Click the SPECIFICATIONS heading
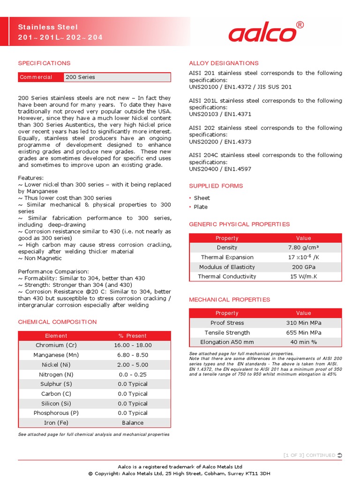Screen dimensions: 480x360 44,63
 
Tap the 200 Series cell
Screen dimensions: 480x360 117,77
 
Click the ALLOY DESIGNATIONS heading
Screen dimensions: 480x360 224,63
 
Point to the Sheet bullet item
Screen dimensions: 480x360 202,198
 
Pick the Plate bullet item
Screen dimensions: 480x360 201,207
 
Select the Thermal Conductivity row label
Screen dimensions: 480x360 227,277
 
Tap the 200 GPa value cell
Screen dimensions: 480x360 304,267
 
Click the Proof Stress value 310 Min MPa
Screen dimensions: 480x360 304,323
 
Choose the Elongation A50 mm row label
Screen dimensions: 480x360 227,342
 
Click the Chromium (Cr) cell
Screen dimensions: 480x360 56,345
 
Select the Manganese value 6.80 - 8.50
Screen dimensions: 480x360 133,355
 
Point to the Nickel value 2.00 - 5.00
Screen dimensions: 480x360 133,365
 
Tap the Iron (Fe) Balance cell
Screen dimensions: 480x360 133,423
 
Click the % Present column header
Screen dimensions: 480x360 133,336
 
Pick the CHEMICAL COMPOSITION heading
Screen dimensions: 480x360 57,322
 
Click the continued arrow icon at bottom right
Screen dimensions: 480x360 340,455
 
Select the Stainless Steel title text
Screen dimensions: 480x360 48,27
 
